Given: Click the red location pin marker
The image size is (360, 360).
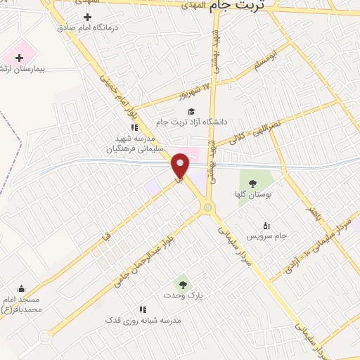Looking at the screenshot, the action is [x=181, y=165].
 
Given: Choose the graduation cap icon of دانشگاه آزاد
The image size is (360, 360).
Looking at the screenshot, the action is [x=190, y=111].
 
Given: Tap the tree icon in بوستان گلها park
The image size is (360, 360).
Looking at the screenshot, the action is [x=252, y=184].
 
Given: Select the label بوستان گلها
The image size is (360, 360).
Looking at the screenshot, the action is [x=252, y=195].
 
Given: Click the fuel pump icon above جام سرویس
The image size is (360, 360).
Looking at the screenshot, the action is [x=266, y=226].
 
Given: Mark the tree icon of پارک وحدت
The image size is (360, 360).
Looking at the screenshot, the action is [x=183, y=285].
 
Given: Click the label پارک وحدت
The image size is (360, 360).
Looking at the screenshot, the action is [x=183, y=296].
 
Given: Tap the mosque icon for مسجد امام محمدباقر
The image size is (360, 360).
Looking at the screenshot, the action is [x=21, y=288].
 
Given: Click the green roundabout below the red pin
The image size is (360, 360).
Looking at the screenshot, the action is [x=207, y=207].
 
